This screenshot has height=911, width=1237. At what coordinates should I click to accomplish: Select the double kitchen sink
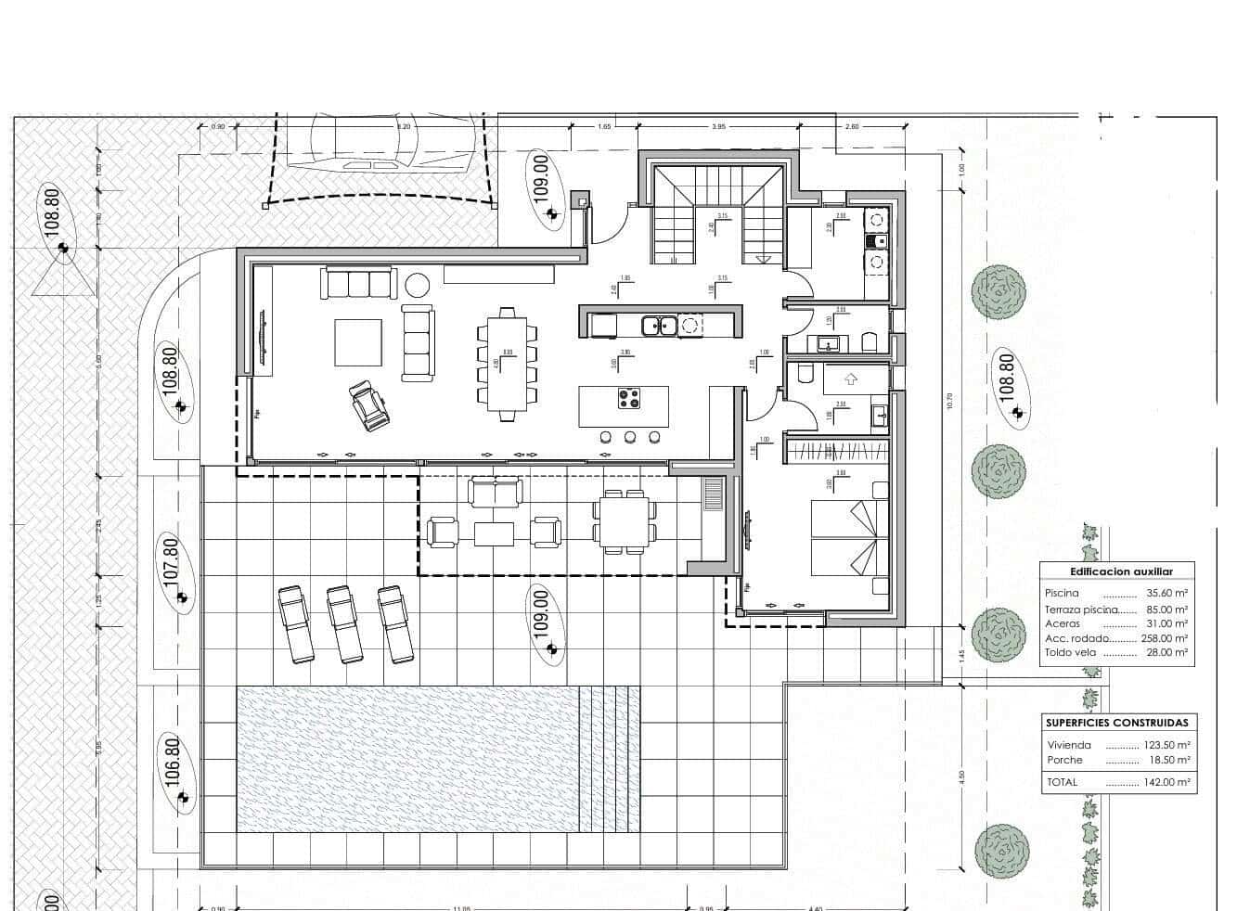662,325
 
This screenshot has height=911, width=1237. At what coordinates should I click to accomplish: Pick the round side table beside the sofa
416,285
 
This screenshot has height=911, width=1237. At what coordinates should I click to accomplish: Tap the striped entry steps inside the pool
609,759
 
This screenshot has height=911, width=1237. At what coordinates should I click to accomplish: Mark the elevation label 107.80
170,561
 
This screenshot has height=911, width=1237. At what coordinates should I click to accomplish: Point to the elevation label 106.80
170,760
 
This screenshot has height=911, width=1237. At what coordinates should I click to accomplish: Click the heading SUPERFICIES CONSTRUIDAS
1116,723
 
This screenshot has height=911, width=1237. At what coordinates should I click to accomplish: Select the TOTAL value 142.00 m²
1167,782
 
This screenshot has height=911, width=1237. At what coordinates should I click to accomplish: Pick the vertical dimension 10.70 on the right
949,401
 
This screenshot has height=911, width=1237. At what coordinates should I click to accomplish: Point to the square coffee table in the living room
358,343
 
